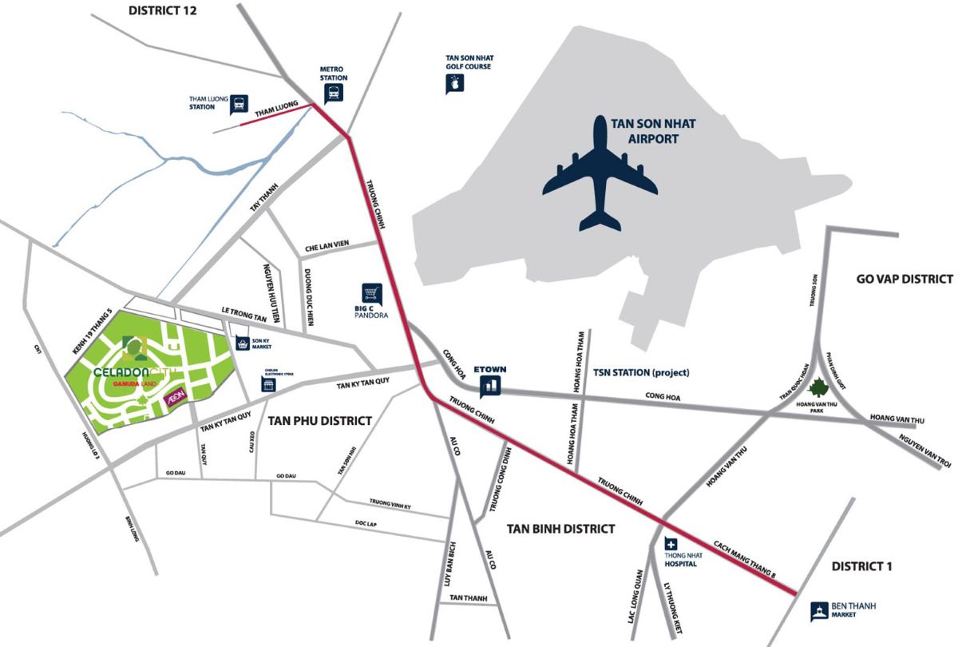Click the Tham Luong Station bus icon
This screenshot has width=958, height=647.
[x=239, y=104]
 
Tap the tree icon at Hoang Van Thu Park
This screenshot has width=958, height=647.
[x=817, y=390]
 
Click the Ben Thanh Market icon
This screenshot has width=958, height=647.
[x=817, y=611]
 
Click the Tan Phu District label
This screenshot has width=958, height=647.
[x=320, y=420]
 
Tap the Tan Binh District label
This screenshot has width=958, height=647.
[x=561, y=528]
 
